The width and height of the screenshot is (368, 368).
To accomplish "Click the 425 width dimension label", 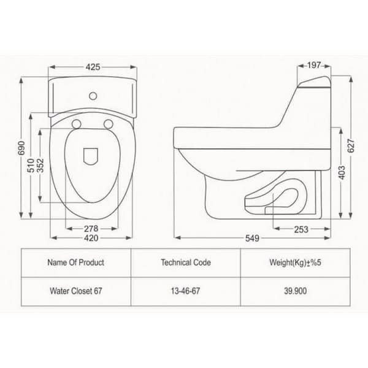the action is tap(93, 67).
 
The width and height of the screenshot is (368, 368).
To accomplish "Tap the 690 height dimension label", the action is tap(21, 148).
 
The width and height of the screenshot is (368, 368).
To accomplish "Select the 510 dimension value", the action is tap(31, 166).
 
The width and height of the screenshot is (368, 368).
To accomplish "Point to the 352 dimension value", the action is tap(40, 166).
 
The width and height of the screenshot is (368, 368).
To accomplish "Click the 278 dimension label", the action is tap(91, 229).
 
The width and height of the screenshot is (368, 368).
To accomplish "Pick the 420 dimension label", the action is tap(91, 238).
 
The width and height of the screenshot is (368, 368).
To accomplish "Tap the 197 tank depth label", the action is tap(314, 65).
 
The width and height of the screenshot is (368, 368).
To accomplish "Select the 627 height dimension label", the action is tap(351, 146).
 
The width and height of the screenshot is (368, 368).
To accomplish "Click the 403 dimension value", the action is tap(342, 173).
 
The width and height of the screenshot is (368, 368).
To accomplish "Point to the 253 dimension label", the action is tap(301, 229).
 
